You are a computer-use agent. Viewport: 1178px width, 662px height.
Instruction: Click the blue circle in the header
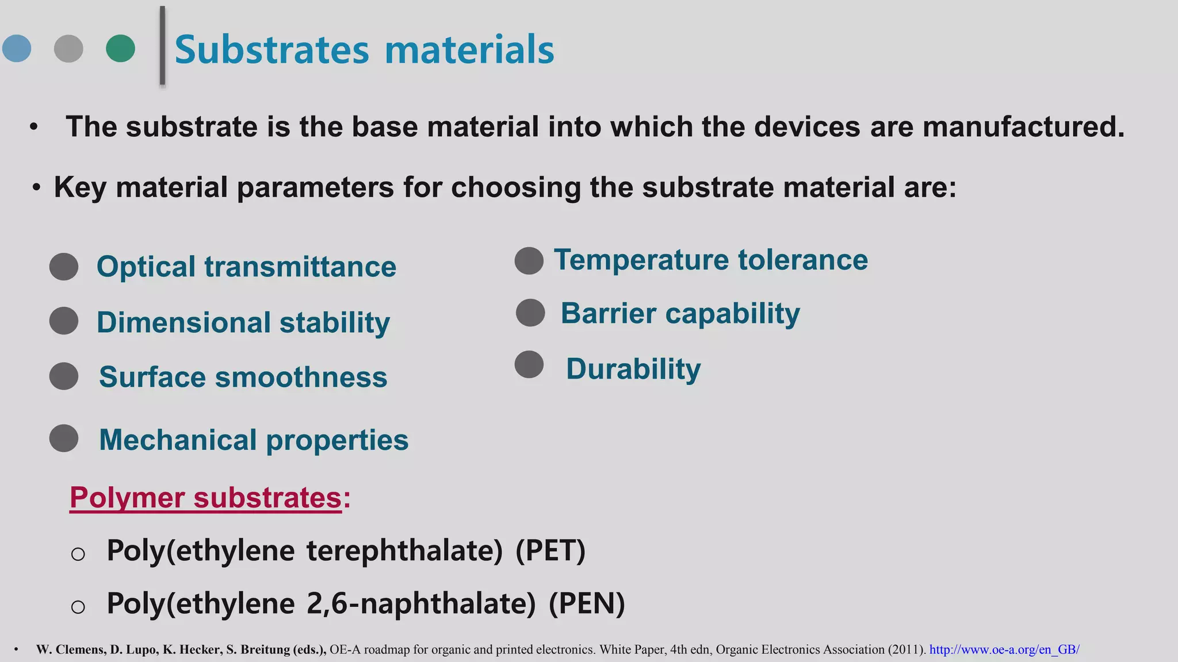coord(17,48)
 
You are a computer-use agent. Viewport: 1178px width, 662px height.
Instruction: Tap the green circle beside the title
coord(121,48)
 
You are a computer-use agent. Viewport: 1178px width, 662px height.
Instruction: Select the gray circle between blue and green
coord(68,48)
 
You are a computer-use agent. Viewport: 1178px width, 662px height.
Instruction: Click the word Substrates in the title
coord(271,49)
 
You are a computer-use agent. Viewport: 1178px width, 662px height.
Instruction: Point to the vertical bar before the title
coord(162,46)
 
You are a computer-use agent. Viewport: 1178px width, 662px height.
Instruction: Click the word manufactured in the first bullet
coord(1023,126)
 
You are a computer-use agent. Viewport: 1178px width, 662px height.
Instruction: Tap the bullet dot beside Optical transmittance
coord(64,267)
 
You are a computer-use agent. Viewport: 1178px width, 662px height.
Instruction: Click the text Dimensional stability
coord(243,322)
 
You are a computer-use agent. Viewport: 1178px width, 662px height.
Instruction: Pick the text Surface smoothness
coord(243,377)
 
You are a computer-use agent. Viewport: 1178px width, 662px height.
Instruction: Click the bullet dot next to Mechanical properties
coord(64,438)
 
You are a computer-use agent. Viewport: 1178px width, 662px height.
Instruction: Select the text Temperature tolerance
coord(710,260)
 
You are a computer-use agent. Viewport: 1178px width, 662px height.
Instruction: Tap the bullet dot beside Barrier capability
coord(530,313)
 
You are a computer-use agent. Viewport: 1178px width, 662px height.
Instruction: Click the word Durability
coord(633,368)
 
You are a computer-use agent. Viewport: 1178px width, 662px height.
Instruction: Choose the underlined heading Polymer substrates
coord(206,497)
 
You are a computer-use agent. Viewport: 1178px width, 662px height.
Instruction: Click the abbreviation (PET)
coord(550,551)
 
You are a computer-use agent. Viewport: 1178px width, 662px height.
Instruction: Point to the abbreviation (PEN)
coord(586,603)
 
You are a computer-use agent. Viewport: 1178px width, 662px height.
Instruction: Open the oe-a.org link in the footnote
coord(1004,650)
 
